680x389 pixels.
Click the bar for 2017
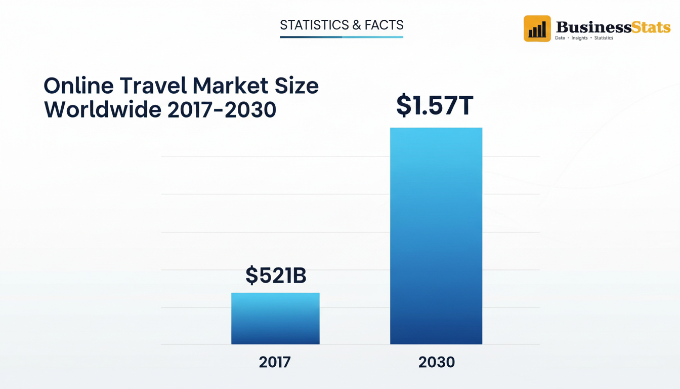pyautogui.click(x=275, y=319)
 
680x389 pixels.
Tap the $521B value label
pyautogui.click(x=276, y=276)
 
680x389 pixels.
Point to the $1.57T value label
pyautogui.click(x=435, y=105)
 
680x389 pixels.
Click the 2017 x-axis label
pyautogui.click(x=275, y=362)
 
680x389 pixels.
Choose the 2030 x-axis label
pyautogui.click(x=437, y=362)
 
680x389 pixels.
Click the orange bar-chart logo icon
pyautogui.click(x=537, y=28)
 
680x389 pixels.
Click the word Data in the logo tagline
pyautogui.click(x=560, y=38)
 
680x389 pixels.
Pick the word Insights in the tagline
pyautogui.click(x=579, y=38)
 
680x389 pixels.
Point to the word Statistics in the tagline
pyautogui.click(x=604, y=38)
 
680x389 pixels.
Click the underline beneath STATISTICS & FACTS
pyautogui.click(x=342, y=37)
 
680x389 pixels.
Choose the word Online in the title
pyautogui.click(x=79, y=86)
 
